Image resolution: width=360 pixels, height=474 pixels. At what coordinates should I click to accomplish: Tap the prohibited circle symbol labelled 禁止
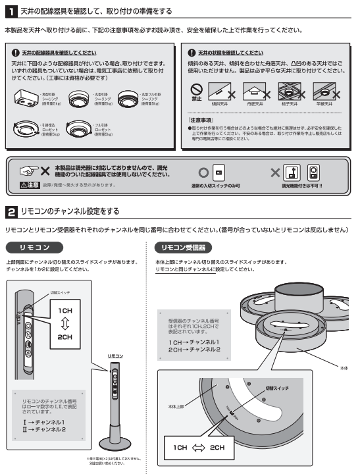(x=195, y=88)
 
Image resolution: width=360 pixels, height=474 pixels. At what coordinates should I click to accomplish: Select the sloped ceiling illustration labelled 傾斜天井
(x=219, y=90)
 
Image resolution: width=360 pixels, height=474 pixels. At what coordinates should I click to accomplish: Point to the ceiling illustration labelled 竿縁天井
(x=323, y=90)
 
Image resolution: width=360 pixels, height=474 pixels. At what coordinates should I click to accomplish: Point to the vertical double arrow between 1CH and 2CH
(x=64, y=305)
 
